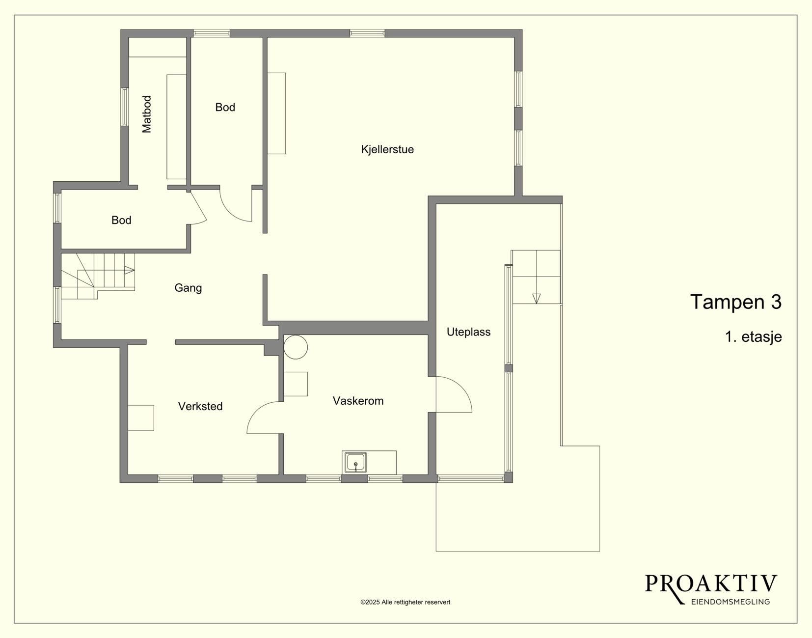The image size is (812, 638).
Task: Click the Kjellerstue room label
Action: point(387,149)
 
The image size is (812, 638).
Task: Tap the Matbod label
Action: point(147,114)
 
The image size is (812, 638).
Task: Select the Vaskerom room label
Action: point(358,401)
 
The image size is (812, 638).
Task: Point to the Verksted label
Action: point(200,406)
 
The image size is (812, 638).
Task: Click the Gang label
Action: point(188,288)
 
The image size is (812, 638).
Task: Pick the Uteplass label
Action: point(468,332)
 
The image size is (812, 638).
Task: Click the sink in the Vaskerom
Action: point(355,462)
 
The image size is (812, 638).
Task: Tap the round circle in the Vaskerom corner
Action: point(296,347)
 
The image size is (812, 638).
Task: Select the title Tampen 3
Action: point(735,302)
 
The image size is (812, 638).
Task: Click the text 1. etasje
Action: point(753,337)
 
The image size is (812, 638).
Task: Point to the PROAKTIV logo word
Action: point(711,584)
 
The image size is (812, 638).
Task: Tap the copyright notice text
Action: point(406,602)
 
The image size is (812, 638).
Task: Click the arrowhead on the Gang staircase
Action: point(129,270)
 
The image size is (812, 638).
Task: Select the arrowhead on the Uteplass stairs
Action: point(536,299)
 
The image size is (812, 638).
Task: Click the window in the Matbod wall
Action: point(125,107)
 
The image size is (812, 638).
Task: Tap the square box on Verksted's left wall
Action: point(141,418)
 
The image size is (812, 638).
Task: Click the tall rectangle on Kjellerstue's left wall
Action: point(276,113)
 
